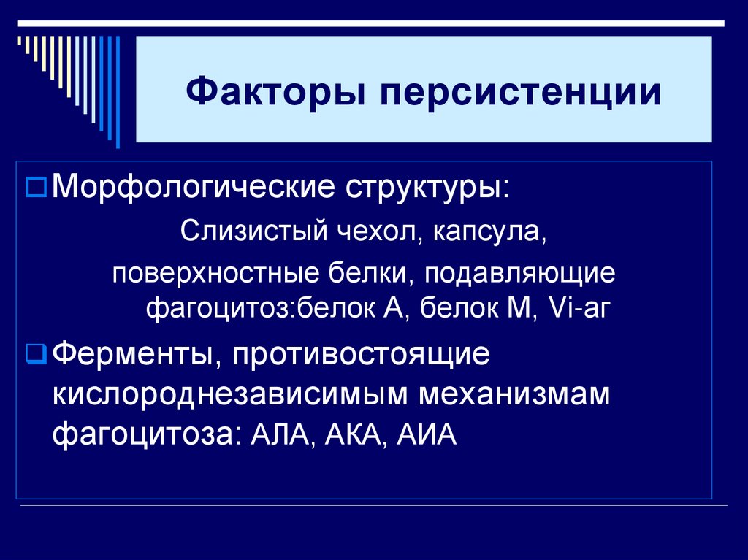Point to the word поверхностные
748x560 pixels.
pyautogui.click(x=208, y=276)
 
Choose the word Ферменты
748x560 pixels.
pyautogui.click(x=132, y=356)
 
